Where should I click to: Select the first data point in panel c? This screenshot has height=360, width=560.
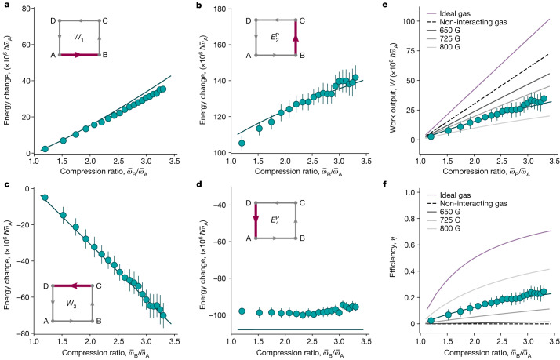[45, 198]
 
